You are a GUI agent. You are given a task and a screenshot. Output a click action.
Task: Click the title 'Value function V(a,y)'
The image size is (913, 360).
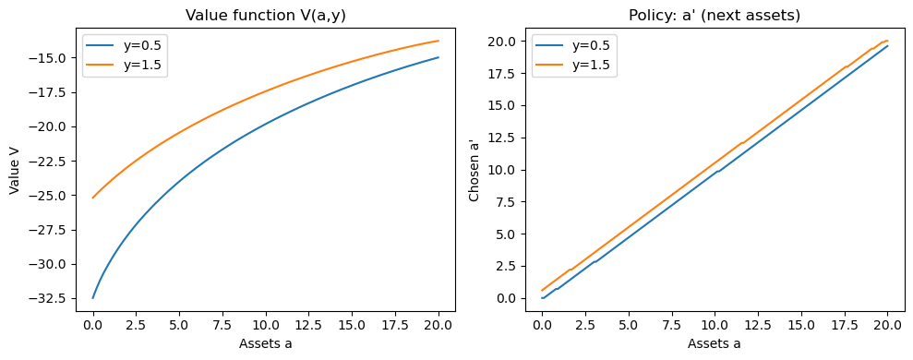[265, 15]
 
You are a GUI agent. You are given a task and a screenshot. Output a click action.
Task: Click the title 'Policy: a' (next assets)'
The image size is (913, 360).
[715, 15]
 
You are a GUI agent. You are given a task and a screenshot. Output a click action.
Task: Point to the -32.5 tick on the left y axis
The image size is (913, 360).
[50, 298]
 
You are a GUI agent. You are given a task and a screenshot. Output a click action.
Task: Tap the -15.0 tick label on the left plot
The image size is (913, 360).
[50, 58]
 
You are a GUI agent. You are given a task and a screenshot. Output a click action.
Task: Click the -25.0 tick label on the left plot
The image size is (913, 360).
[50, 195]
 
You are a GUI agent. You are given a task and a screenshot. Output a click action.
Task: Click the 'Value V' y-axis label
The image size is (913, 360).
[15, 171]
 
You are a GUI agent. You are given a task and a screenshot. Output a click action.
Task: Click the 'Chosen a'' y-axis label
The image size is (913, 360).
[475, 171]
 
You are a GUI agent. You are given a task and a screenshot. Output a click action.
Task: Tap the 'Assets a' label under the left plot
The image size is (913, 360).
[265, 344]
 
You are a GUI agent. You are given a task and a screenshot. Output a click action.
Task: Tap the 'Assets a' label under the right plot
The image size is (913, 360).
[715, 344]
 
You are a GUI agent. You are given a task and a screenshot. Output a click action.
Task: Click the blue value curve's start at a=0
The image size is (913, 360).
[92, 298]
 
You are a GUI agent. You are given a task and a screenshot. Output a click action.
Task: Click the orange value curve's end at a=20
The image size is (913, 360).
[438, 41]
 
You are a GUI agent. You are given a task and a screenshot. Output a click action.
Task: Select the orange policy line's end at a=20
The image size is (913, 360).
[887, 41]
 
